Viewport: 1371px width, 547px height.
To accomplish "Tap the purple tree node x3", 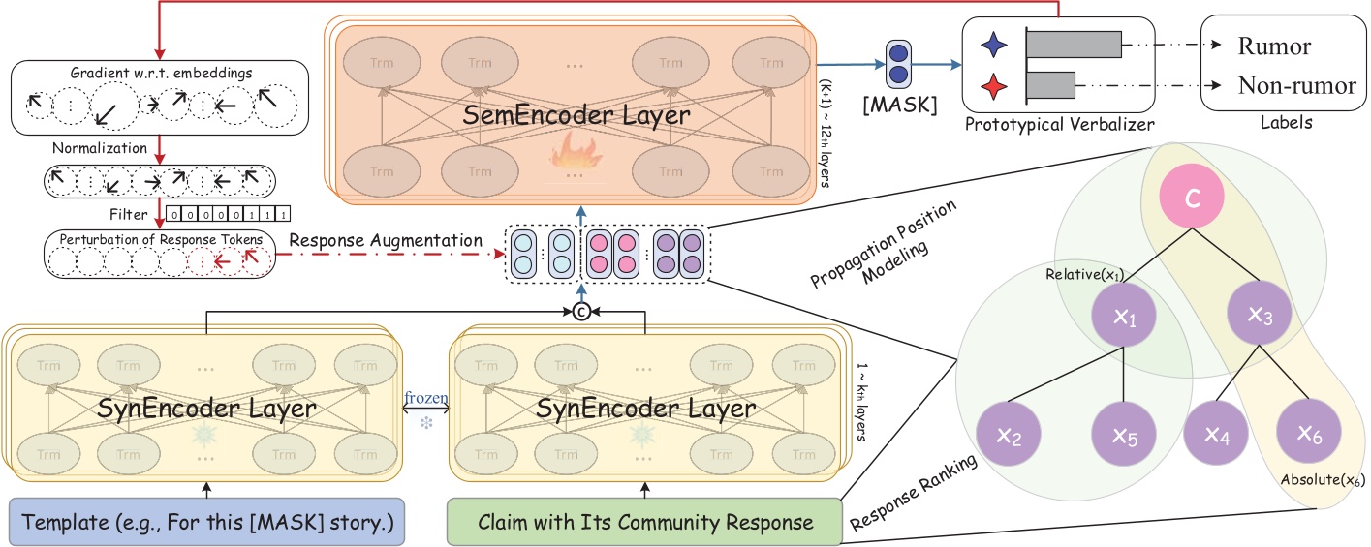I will (1259, 318).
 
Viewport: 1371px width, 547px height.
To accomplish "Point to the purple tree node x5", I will (1124, 437).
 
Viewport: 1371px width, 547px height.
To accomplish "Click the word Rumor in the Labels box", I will (1274, 46).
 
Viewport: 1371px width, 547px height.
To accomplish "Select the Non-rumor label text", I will (1296, 85).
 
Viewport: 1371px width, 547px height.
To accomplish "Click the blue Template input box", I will (206, 523).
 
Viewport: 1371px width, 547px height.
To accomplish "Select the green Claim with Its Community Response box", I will (643, 523).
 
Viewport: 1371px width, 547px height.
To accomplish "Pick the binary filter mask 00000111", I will (228, 214).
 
